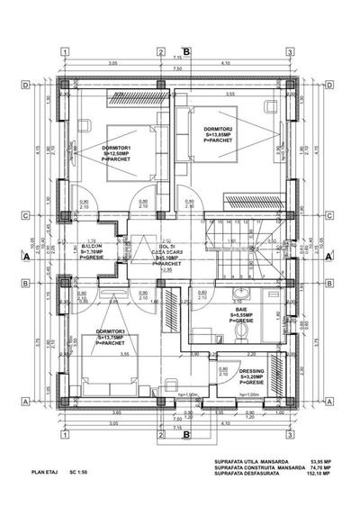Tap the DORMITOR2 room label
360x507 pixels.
click(219, 128)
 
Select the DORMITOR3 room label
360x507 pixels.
click(110, 330)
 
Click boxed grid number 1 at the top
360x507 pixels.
click(65, 51)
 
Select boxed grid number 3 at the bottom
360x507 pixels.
click(289, 432)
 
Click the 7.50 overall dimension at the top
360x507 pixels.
click(177, 68)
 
